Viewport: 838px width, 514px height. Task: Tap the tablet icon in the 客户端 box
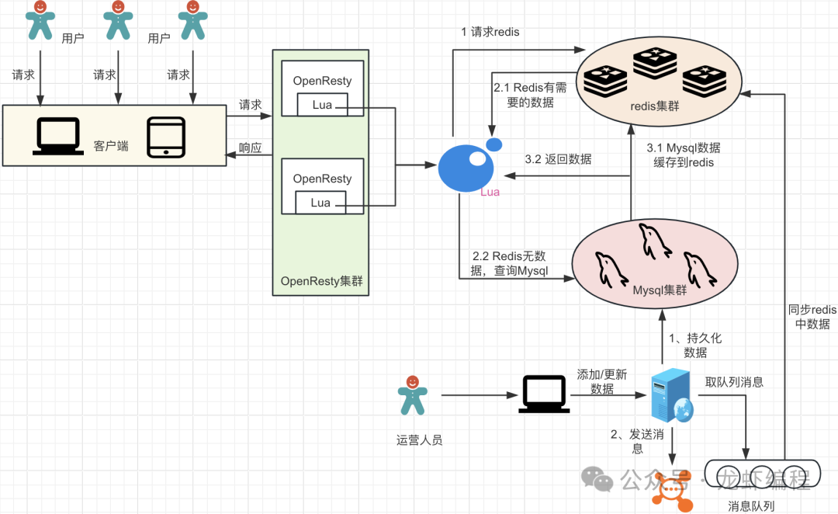click(x=166, y=137)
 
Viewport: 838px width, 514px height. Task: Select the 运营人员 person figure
click(x=412, y=395)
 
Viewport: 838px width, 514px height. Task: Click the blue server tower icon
click(x=670, y=396)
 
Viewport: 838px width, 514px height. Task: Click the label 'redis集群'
click(x=656, y=106)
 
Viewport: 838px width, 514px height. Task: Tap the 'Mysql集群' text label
click(x=660, y=290)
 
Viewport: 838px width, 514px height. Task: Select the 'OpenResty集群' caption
click(x=321, y=281)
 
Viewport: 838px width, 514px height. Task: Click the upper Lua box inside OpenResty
click(x=321, y=105)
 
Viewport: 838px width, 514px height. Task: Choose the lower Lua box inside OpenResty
click(x=320, y=203)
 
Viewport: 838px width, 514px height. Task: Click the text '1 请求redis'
click(x=490, y=32)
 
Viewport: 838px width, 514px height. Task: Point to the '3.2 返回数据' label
click(x=558, y=159)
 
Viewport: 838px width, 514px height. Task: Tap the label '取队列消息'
click(x=734, y=382)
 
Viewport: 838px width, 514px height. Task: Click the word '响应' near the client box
click(x=250, y=148)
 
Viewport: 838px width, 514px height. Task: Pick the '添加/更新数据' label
click(x=601, y=381)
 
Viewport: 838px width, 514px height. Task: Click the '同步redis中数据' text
click(x=812, y=317)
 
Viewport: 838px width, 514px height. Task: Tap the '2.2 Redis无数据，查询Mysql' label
click(x=510, y=263)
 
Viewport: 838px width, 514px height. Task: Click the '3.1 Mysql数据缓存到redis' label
click(x=684, y=155)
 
